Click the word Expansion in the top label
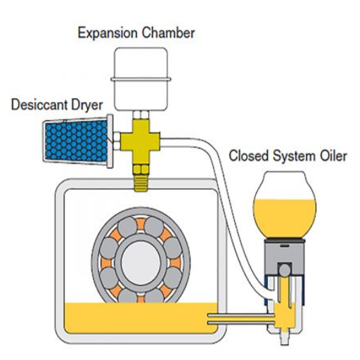[108, 33]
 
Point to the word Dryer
[87, 105]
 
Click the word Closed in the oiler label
[248, 155]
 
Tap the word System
[294, 156]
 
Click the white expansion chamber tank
[141, 79]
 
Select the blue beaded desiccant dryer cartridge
[75, 141]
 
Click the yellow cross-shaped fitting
[141, 141]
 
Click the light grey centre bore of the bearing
[141, 260]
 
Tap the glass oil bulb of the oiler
[285, 205]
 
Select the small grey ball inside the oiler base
[285, 270]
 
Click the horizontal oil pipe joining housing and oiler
[241, 319]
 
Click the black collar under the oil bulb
[285, 241]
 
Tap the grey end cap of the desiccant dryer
[110, 141]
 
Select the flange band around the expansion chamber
[141, 79]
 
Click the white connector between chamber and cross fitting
[141, 115]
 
